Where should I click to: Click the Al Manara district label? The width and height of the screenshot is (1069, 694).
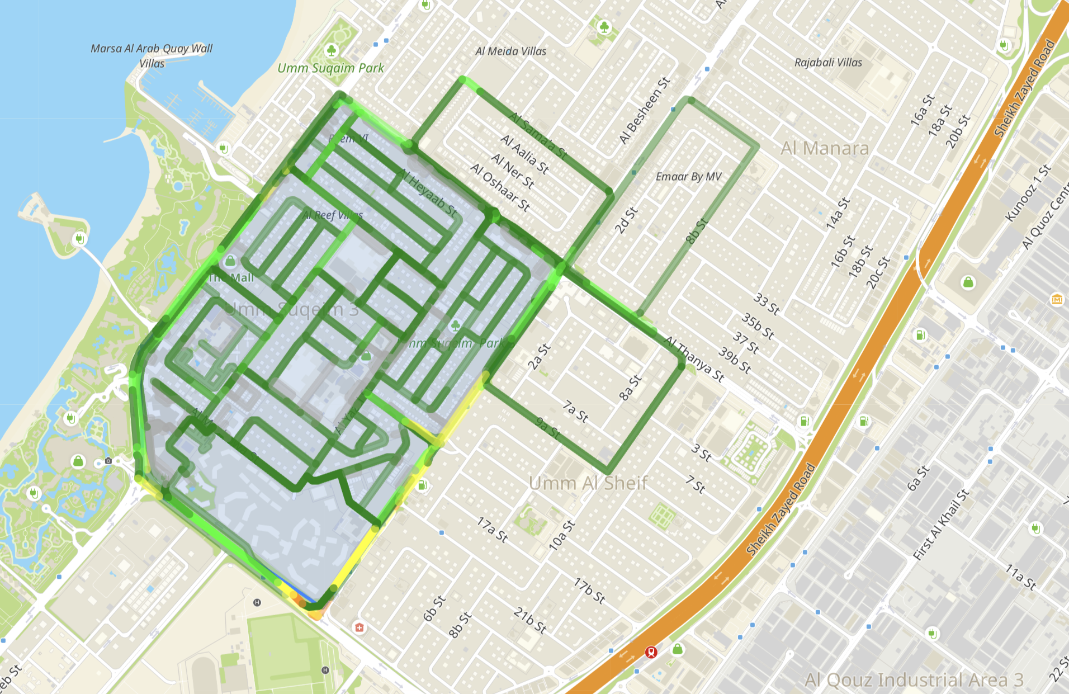[x=825, y=148]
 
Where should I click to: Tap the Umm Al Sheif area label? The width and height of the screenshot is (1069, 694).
[x=588, y=483]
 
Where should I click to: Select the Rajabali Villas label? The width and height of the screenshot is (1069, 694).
[x=828, y=62]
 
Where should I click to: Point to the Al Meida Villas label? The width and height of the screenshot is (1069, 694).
[x=510, y=51]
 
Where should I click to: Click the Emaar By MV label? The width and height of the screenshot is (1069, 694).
[x=688, y=177]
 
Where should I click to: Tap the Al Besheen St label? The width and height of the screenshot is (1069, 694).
[x=644, y=111]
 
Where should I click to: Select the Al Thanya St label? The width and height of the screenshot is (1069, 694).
[x=694, y=359]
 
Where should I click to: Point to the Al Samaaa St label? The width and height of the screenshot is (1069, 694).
[x=538, y=135]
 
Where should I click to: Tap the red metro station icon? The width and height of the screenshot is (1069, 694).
[x=651, y=652]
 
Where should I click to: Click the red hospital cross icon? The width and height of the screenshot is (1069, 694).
[x=359, y=627]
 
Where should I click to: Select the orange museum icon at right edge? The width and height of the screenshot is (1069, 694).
[x=1057, y=299]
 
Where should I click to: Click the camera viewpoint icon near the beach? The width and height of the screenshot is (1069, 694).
[x=108, y=461]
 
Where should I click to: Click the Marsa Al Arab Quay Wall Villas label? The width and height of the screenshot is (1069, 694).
[x=152, y=55]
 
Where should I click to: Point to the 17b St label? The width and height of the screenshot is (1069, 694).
[x=589, y=591]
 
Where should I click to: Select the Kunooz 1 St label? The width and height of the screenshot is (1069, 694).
[x=1028, y=193]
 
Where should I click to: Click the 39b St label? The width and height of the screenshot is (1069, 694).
[x=734, y=360]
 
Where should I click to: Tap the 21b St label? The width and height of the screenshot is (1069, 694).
[x=529, y=620]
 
